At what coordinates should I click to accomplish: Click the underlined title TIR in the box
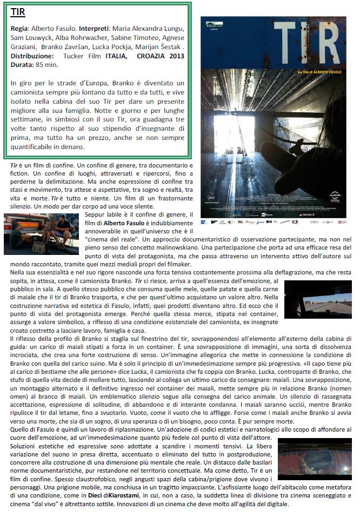click(x=18, y=12)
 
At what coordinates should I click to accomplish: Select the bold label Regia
click(x=20, y=28)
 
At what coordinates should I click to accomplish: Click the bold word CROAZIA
click(x=150, y=56)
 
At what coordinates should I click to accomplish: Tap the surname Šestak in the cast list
click(x=169, y=46)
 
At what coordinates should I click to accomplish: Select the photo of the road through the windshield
click(x=318, y=298)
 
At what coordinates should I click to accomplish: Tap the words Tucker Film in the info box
click(x=79, y=56)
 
